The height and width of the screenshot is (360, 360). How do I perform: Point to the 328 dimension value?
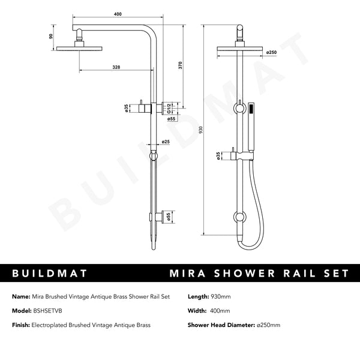(113, 68)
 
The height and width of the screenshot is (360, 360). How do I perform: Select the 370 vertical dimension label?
(181, 65)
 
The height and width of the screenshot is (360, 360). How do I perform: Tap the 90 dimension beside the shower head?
(52, 36)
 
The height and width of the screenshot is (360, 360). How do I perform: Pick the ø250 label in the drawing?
(270, 52)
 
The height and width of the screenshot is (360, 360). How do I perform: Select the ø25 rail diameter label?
(165, 142)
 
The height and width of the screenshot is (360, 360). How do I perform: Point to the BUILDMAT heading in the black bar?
(50, 274)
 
